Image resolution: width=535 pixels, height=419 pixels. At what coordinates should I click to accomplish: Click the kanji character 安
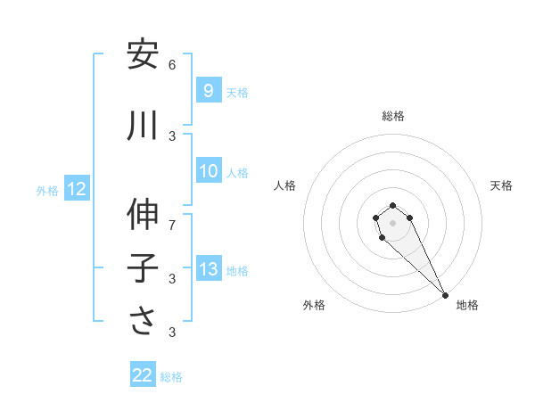click(143, 55)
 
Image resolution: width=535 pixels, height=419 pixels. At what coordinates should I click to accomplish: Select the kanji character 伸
click(143, 215)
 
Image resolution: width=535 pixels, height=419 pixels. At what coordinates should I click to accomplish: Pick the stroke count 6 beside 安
click(172, 64)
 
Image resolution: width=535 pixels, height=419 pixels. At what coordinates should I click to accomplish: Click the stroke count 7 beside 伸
click(172, 224)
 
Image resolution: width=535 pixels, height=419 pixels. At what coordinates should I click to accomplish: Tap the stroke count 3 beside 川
click(172, 136)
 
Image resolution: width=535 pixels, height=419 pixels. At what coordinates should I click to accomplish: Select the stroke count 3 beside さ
click(172, 332)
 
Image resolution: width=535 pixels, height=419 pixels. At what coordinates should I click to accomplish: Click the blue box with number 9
click(208, 91)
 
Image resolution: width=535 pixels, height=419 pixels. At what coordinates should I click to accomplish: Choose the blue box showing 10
click(208, 171)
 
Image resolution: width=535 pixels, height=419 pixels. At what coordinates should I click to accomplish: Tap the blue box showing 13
click(208, 269)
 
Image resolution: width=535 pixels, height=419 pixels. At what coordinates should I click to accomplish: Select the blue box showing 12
click(76, 189)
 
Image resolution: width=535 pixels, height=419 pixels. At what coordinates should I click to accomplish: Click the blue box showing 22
click(143, 375)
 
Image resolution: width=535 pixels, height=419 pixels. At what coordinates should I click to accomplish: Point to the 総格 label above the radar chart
click(393, 116)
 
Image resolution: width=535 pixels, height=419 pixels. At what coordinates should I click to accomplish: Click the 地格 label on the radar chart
click(467, 305)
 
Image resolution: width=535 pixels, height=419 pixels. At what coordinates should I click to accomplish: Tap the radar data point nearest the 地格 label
click(445, 295)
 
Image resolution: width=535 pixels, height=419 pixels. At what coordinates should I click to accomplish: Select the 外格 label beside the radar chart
click(314, 305)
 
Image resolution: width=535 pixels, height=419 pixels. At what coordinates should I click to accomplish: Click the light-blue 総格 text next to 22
click(171, 377)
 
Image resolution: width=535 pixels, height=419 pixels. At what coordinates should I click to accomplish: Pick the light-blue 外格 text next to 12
click(47, 190)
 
